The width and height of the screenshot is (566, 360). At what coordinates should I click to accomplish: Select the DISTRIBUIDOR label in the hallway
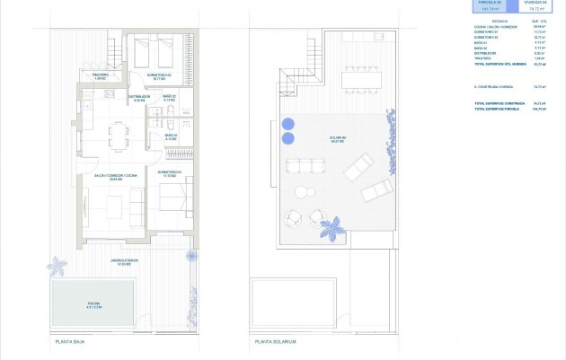(138, 99)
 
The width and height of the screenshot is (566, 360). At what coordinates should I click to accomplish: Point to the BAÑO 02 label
(168, 98)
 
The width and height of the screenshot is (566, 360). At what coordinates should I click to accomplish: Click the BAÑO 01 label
(171, 137)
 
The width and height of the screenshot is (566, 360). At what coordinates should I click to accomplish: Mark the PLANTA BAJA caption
(70, 342)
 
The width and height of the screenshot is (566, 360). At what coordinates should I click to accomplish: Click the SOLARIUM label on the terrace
(338, 139)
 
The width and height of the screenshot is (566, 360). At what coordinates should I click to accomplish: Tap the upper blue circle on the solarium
(288, 124)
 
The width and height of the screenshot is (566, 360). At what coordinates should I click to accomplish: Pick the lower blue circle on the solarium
(288, 138)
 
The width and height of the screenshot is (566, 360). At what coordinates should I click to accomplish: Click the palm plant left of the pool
(58, 266)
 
